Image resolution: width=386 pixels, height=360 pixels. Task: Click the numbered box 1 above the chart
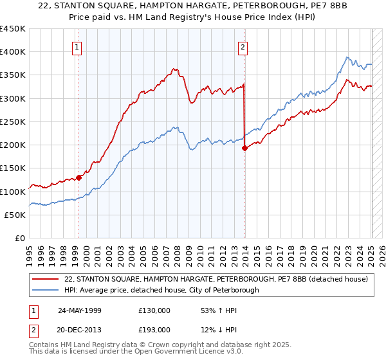[77, 46]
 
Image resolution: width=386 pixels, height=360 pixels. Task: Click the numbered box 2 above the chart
[243, 46]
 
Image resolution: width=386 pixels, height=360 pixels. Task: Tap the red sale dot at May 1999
[79, 177]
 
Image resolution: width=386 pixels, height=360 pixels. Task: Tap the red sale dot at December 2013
[244, 148]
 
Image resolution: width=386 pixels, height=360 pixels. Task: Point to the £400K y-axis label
[13, 52]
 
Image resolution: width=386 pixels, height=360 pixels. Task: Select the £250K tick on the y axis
[13, 122]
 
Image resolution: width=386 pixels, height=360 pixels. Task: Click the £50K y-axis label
[15, 215]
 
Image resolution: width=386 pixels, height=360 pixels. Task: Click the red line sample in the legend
[46, 279]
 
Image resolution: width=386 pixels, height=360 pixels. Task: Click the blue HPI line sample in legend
[46, 290]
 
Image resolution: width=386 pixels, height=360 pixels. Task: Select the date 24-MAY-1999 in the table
[79, 310]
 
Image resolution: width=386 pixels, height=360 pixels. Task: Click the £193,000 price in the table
[154, 329]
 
